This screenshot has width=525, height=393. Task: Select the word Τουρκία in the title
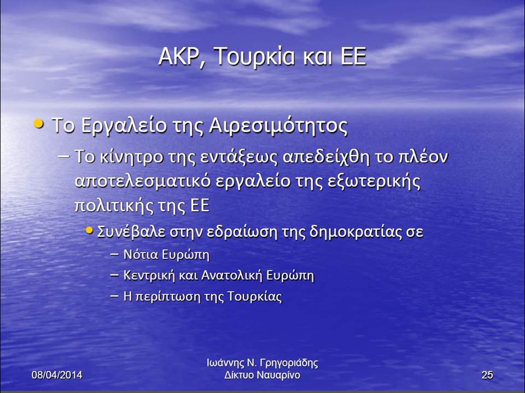[254, 56]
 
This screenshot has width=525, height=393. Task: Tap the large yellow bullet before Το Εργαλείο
[39, 124]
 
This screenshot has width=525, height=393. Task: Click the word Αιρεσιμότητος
[278, 126]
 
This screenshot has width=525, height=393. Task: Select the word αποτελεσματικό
[143, 181]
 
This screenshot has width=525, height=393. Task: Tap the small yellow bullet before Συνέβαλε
[89, 230]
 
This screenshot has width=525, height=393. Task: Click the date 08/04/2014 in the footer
[57, 375]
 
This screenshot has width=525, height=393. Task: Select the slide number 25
[487, 375]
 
